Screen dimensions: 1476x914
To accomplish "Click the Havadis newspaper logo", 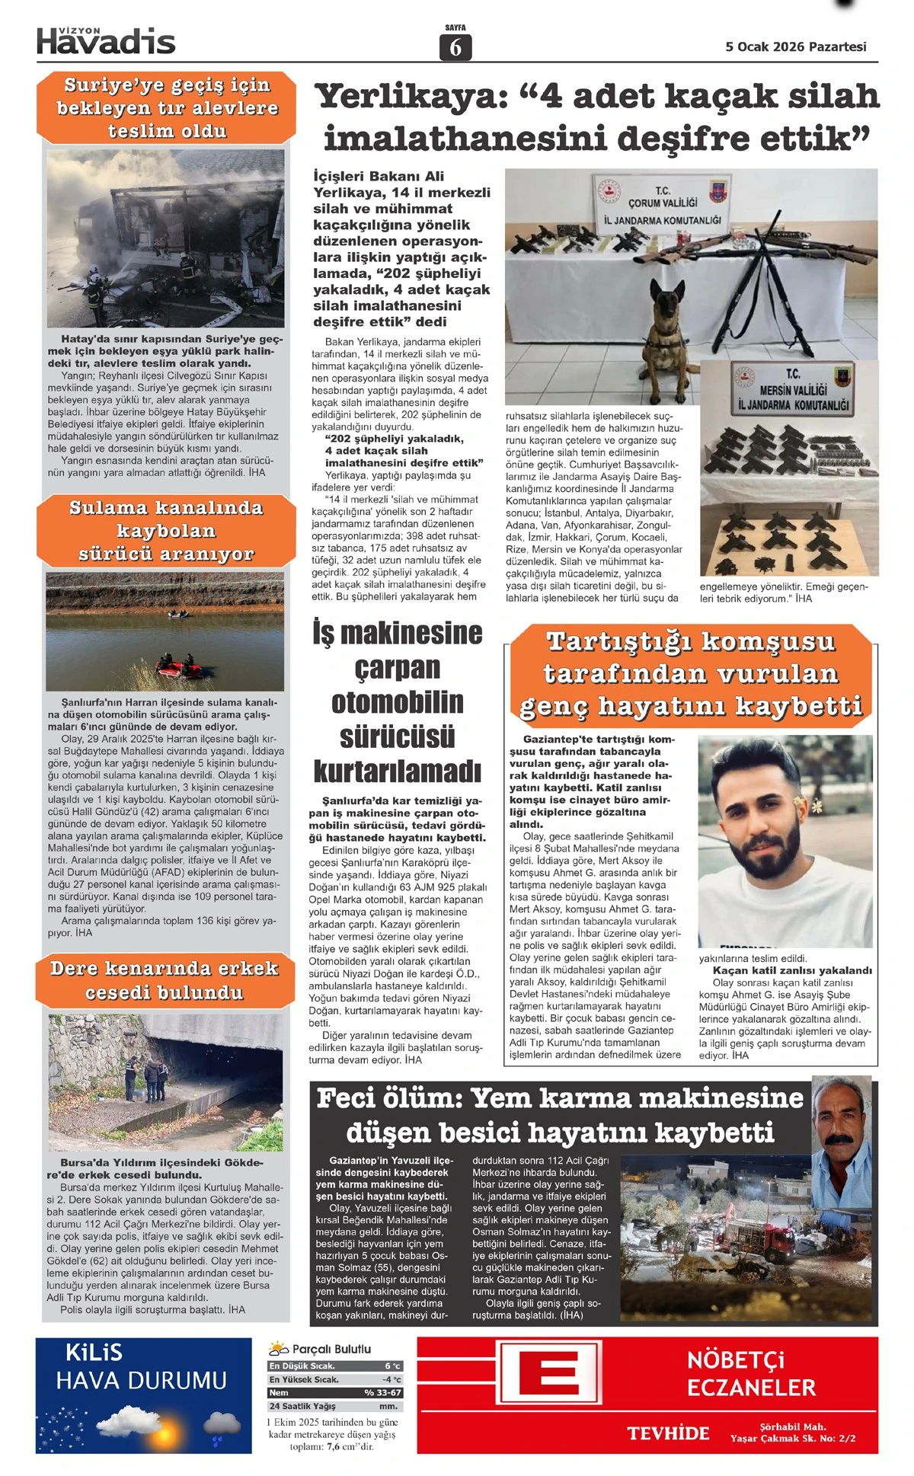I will click(x=106, y=41).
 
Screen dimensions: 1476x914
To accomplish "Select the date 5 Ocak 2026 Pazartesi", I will click(x=796, y=46).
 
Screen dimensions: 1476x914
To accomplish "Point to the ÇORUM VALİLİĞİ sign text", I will click(x=663, y=203).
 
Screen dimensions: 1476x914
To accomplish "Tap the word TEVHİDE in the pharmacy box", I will click(x=668, y=1433).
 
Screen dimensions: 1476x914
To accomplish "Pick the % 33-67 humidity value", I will click(x=383, y=1392).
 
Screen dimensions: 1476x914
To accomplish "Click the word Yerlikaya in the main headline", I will click(x=411, y=97).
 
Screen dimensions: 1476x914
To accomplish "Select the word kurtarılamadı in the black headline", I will click(x=398, y=772).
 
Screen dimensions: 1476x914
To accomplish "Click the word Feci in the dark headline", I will click(x=356, y=1098).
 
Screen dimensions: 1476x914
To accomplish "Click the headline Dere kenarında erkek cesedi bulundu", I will click(x=165, y=980).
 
